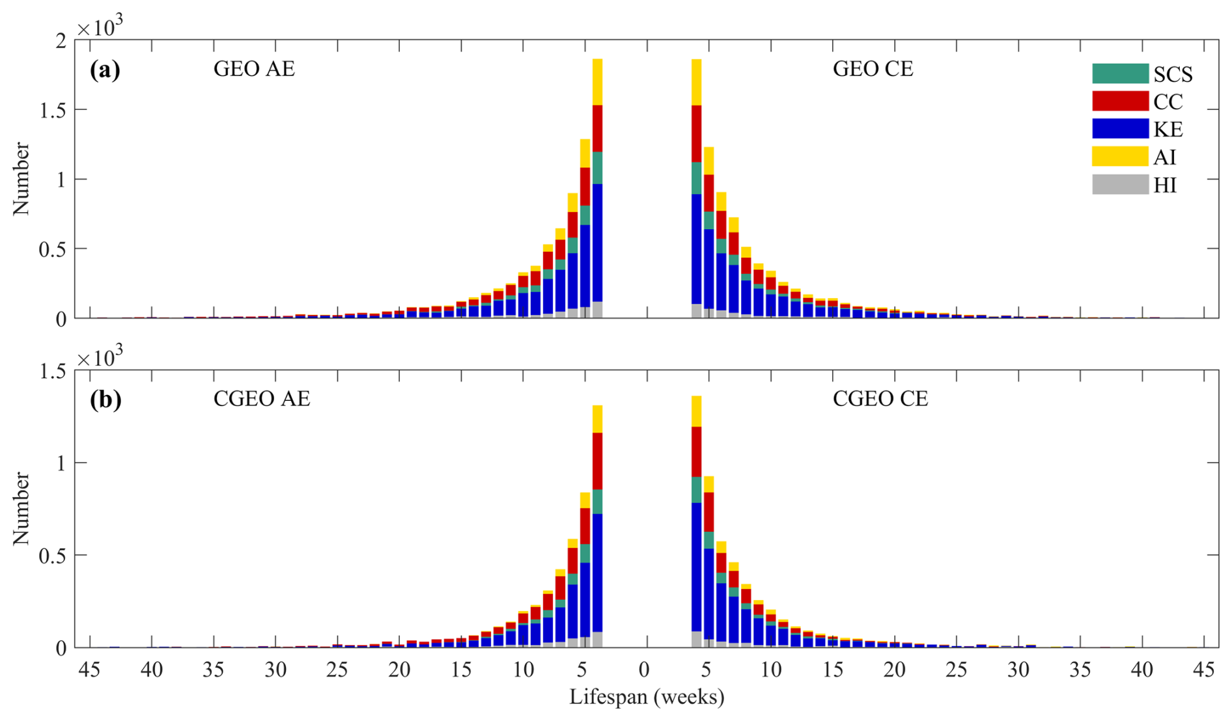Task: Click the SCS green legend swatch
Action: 1120,74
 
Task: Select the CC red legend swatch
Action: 1120,102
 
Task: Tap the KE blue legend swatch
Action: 1120,129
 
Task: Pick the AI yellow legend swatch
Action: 1120,157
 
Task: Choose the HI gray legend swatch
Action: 1120,185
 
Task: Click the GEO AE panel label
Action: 254,69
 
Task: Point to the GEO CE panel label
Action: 873,69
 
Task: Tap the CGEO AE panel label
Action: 262,399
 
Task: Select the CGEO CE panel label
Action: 880,399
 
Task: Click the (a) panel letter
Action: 105,70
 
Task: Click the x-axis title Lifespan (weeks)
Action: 647,698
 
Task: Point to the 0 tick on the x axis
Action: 644,670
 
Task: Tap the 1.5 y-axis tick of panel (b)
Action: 53,372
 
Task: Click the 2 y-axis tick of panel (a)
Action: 61,41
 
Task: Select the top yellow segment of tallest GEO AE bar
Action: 597,82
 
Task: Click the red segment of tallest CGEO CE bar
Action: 696,452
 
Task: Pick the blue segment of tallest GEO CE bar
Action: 696,249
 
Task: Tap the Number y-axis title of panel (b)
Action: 22,509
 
